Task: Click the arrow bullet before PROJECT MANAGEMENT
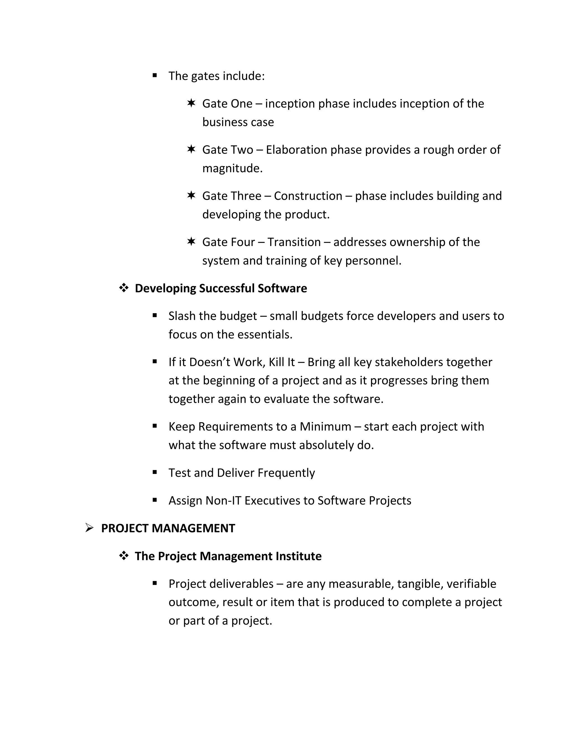click(x=89, y=528)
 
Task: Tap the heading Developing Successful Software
click(x=221, y=288)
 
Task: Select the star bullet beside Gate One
click(x=191, y=103)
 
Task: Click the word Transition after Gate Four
click(x=294, y=242)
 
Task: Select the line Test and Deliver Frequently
click(x=242, y=473)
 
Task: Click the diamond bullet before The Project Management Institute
click(x=124, y=556)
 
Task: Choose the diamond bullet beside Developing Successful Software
click(x=124, y=288)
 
